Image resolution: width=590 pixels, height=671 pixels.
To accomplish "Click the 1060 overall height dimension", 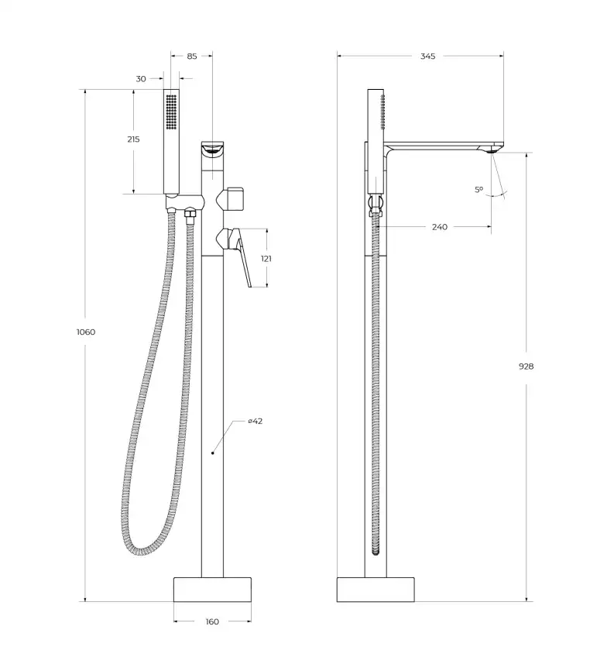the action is click(86, 332).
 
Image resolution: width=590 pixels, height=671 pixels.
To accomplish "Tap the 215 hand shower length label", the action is click(133, 139).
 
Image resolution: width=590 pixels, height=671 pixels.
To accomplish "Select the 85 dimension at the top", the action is click(192, 56).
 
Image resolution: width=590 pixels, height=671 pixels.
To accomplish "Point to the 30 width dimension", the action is click(141, 79).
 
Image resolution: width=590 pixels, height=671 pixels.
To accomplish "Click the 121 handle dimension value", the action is click(266, 259).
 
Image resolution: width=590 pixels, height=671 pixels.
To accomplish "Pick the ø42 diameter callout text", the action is click(256, 421).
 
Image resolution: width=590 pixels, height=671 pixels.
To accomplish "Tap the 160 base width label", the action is click(212, 621).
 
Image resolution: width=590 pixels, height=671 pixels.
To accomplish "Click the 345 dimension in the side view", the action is click(428, 56).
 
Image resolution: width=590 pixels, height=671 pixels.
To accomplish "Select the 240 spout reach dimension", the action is click(440, 227).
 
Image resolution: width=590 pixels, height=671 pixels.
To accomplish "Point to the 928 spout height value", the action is click(527, 366).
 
